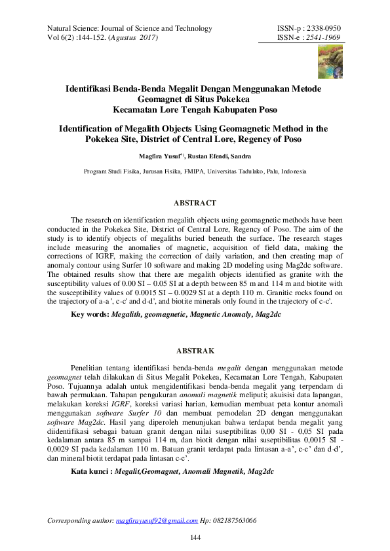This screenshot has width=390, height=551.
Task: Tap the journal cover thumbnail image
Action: tap(330, 60)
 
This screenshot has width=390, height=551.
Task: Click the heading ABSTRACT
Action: tap(195, 204)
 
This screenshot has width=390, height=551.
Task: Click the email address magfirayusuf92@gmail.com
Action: tap(157, 521)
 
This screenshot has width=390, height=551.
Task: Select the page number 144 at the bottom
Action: tap(195, 538)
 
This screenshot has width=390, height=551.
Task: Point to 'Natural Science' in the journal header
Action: tap(71, 29)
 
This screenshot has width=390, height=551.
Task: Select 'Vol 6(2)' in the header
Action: tap(58, 38)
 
